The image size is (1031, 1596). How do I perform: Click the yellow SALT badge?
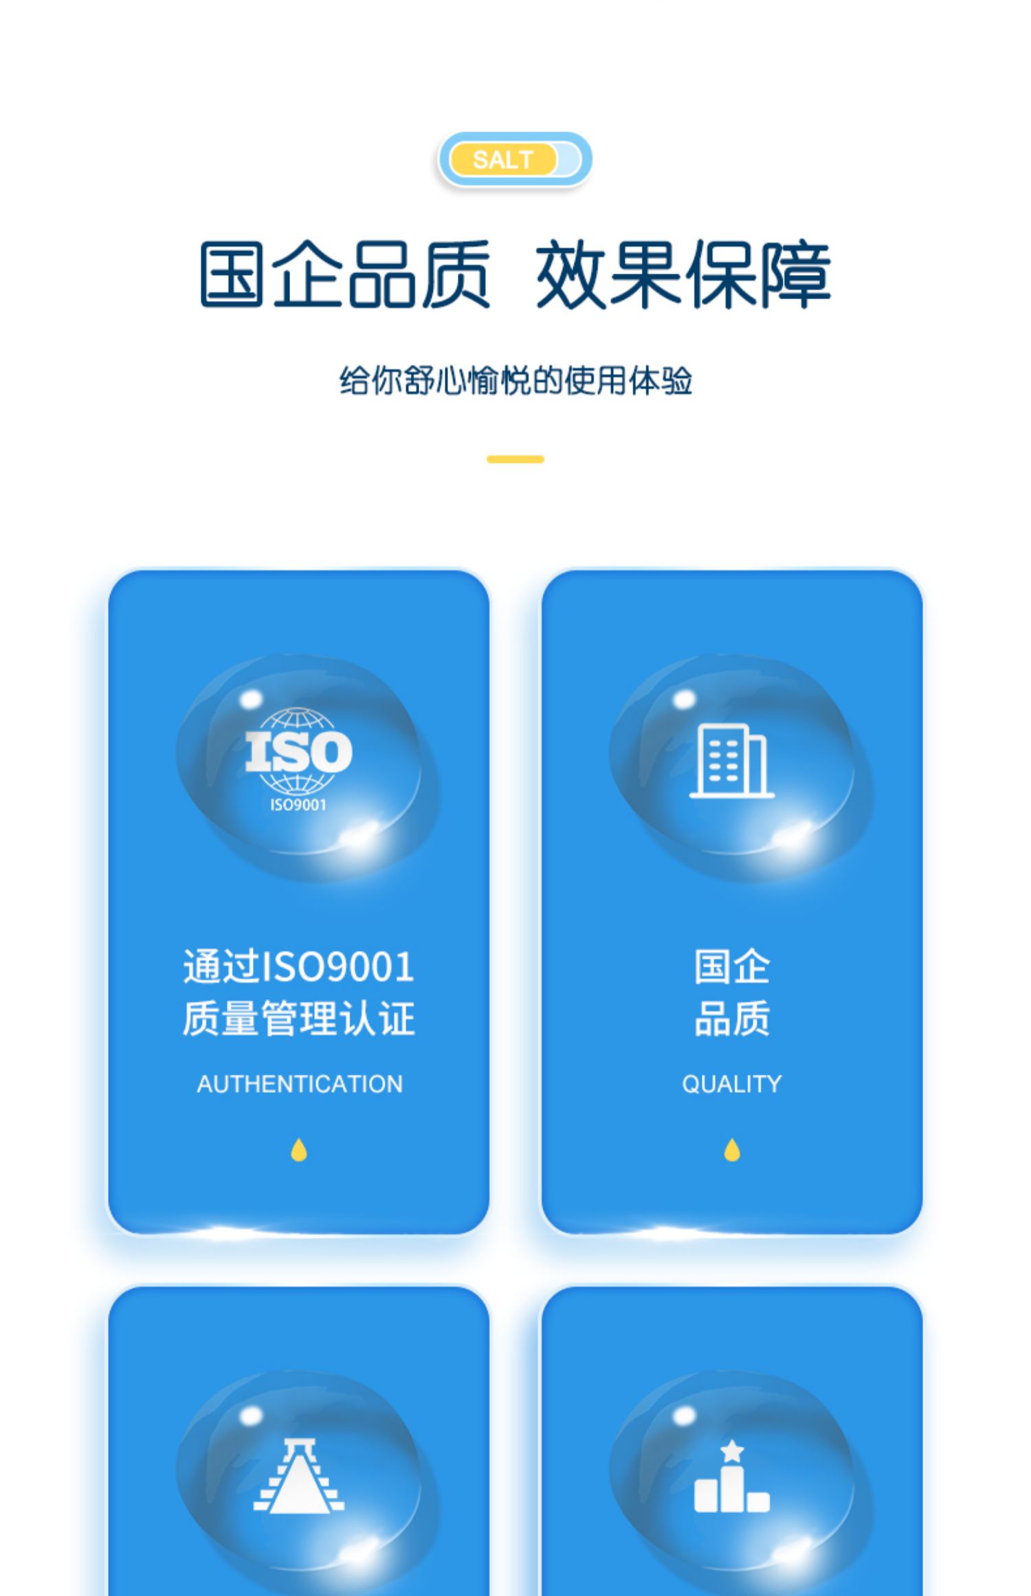tap(503, 159)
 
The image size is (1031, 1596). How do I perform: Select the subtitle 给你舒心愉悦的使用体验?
tap(515, 380)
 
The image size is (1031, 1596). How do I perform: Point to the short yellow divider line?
tap(515, 459)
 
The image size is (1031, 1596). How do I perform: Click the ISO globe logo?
tap(298, 751)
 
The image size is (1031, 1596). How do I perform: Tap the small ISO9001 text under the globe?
tap(298, 805)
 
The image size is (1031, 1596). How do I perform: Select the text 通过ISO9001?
tap(298, 966)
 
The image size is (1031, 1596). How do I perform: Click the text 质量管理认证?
tap(298, 1019)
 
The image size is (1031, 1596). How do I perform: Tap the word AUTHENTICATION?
tap(300, 1084)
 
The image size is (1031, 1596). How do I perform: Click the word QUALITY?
tap(731, 1084)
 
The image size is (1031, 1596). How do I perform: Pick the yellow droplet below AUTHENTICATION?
tap(298, 1150)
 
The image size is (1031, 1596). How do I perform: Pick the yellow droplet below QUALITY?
tap(732, 1150)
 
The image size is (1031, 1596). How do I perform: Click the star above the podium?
tap(733, 1452)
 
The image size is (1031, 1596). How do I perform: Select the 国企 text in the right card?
tap(732, 966)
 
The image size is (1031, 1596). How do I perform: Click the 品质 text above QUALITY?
tap(732, 1019)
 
